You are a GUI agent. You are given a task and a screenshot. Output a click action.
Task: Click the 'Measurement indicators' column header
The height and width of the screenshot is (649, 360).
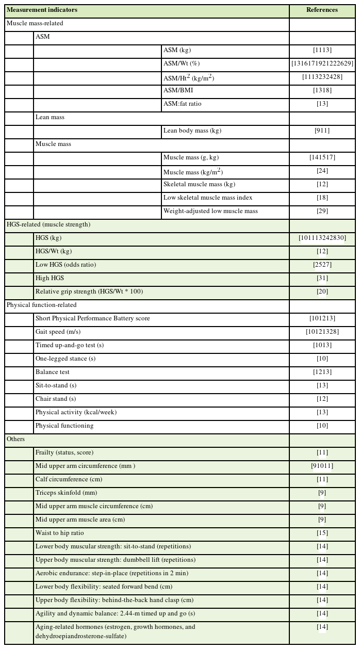coord(42,10)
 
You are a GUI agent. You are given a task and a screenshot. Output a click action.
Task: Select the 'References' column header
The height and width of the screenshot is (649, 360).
coord(322,10)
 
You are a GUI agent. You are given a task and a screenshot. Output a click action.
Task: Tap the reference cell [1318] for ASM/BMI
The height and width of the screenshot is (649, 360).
coord(322,90)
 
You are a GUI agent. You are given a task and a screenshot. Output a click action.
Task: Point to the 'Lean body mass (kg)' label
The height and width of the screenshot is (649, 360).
coord(192,131)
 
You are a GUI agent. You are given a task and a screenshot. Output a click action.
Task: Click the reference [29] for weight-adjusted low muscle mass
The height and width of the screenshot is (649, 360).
coord(322,211)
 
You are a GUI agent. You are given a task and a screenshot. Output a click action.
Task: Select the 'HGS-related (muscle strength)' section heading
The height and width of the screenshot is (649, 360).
coord(48,224)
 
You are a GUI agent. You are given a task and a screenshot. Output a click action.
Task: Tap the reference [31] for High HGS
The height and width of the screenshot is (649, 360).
coord(322,278)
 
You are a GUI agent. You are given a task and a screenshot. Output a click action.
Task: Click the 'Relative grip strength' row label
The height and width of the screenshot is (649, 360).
coord(89,291)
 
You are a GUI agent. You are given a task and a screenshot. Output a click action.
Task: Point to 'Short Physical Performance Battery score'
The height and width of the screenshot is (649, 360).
coord(93,318)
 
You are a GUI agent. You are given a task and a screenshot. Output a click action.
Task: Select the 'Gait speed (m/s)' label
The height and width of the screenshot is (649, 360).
coord(58,332)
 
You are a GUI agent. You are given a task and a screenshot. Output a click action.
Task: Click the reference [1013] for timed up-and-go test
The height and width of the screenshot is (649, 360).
coord(322,345)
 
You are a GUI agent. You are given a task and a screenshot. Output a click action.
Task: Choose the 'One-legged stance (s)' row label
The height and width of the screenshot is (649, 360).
coord(66,359)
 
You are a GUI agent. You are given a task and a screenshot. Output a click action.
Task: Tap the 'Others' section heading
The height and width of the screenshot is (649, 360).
coord(15,439)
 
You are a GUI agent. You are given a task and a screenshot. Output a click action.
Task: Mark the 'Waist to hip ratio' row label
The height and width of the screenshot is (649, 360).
coord(59,533)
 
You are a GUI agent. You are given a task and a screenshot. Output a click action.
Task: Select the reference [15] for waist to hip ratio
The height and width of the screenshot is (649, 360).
coord(322,533)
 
